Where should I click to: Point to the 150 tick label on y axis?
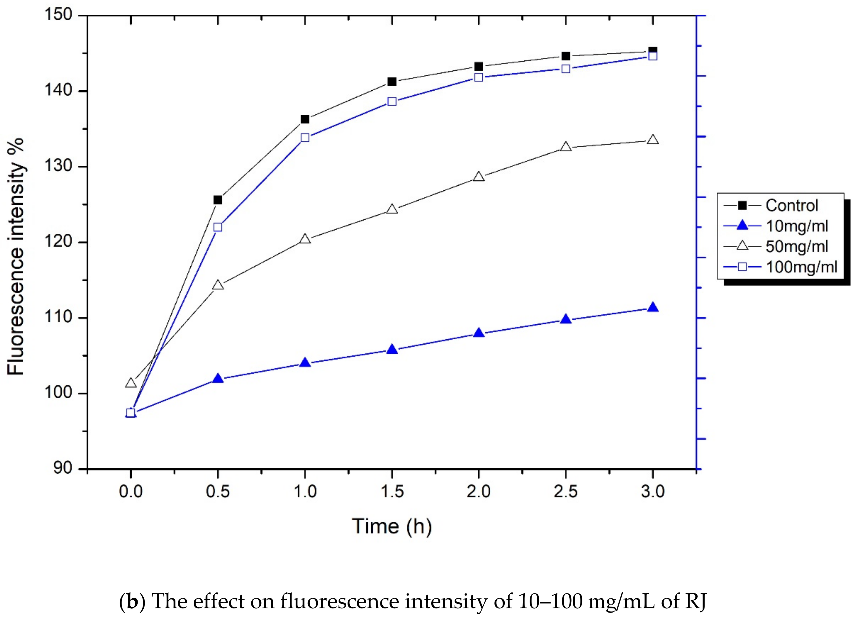point(58,15)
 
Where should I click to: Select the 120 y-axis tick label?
point(58,242)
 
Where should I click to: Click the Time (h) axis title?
point(391,526)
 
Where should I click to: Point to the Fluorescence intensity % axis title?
point(16,257)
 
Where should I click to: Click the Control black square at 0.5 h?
point(218,200)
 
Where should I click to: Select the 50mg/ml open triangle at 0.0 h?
point(131,383)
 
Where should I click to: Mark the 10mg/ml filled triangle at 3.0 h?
point(653,307)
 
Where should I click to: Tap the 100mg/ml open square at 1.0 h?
point(305,138)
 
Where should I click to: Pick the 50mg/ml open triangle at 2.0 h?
point(479,177)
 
